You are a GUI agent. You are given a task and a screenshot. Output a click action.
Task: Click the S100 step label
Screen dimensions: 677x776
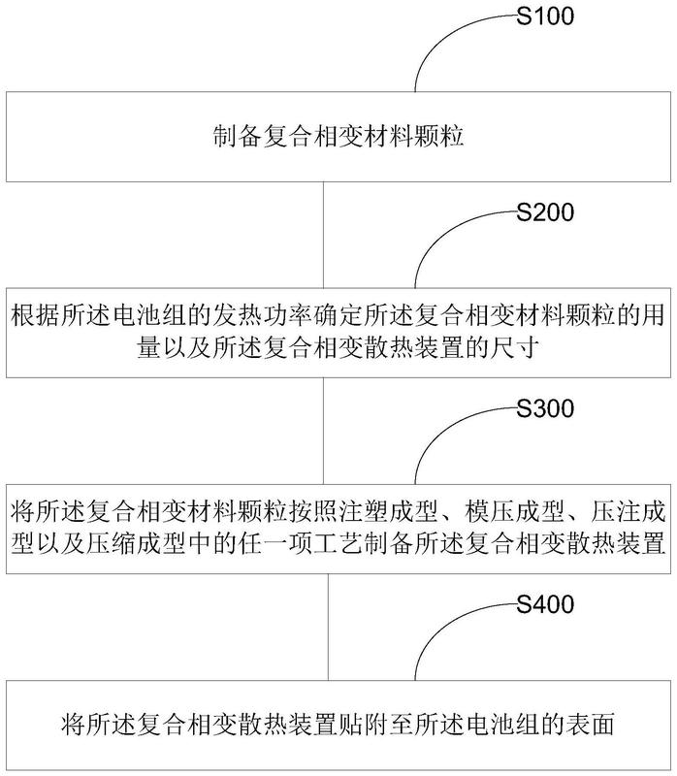click(545, 16)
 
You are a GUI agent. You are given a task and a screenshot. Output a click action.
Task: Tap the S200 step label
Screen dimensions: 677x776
click(545, 211)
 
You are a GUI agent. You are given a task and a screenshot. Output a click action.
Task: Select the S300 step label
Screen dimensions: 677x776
click(545, 408)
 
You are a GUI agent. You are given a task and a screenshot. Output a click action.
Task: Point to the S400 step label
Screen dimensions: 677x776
click(545, 604)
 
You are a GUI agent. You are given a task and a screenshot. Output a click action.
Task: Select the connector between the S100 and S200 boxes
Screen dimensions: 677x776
click(323, 235)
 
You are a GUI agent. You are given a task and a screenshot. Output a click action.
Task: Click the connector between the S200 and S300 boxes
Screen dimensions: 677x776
click(323, 431)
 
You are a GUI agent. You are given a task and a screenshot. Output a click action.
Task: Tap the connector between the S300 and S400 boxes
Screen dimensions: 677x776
click(328, 627)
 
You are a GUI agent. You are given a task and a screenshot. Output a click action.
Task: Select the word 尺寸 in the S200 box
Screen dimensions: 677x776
click(515, 347)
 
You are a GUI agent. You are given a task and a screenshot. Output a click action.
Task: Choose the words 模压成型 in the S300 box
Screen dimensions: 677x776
click(514, 511)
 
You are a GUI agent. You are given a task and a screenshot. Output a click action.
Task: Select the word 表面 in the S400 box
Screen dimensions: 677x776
click(591, 724)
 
